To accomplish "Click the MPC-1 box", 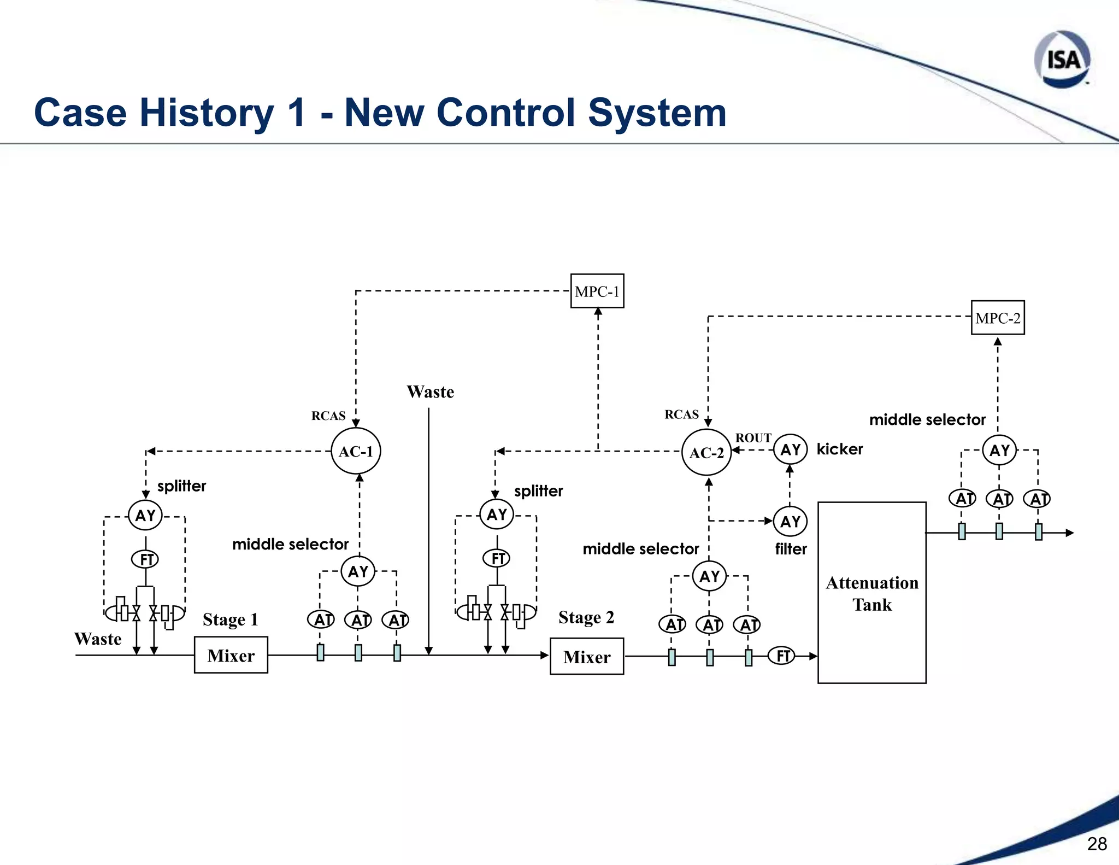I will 597,291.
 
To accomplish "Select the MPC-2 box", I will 998,318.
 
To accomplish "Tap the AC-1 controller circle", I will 356,451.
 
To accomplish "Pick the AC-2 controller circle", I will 706,452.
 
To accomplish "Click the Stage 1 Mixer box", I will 231,655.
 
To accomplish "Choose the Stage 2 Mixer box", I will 587,656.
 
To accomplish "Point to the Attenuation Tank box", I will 872,593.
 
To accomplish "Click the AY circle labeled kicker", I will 790,449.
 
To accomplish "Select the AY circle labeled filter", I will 790,522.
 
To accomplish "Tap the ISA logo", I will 1062,59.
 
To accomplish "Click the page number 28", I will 1097,844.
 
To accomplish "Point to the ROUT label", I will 753,438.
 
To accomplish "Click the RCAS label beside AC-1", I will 328,416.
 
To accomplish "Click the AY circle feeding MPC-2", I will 999,451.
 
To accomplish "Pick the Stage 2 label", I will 586,617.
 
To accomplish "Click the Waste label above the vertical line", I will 430,392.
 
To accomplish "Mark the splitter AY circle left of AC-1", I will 145,515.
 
